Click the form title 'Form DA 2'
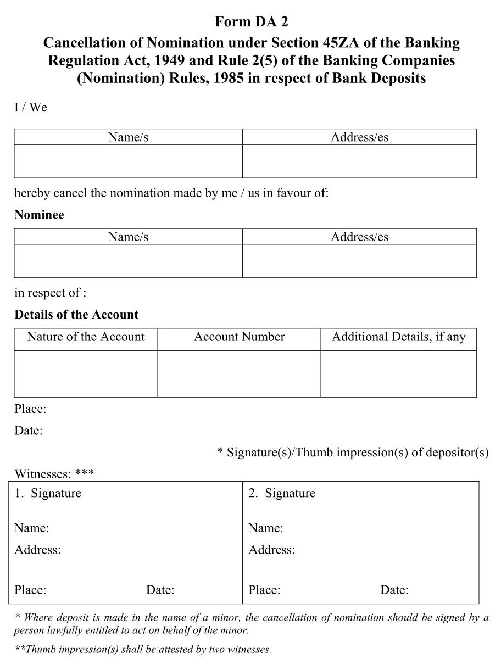(x=251, y=22)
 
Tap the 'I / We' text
(x=31, y=107)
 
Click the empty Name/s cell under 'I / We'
(x=128, y=161)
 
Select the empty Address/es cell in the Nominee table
(x=359, y=261)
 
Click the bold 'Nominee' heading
(x=39, y=215)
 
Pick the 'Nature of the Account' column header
(x=86, y=337)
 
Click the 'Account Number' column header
(x=239, y=337)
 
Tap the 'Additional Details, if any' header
(x=398, y=337)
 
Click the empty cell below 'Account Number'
(x=239, y=373)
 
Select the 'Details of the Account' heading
(x=76, y=315)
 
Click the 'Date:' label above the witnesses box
(x=29, y=431)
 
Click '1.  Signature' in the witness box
(x=48, y=493)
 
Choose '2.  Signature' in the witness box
(x=282, y=493)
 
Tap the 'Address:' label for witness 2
(x=272, y=550)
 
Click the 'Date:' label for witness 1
(x=160, y=590)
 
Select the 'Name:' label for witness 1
(x=32, y=528)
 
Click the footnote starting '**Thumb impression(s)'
(x=143, y=649)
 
